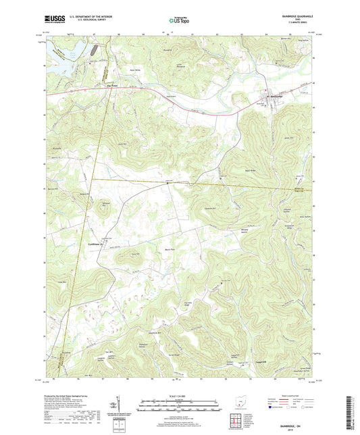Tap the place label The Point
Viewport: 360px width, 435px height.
[x=112, y=85]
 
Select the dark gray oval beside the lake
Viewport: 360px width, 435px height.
[x=93, y=51]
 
